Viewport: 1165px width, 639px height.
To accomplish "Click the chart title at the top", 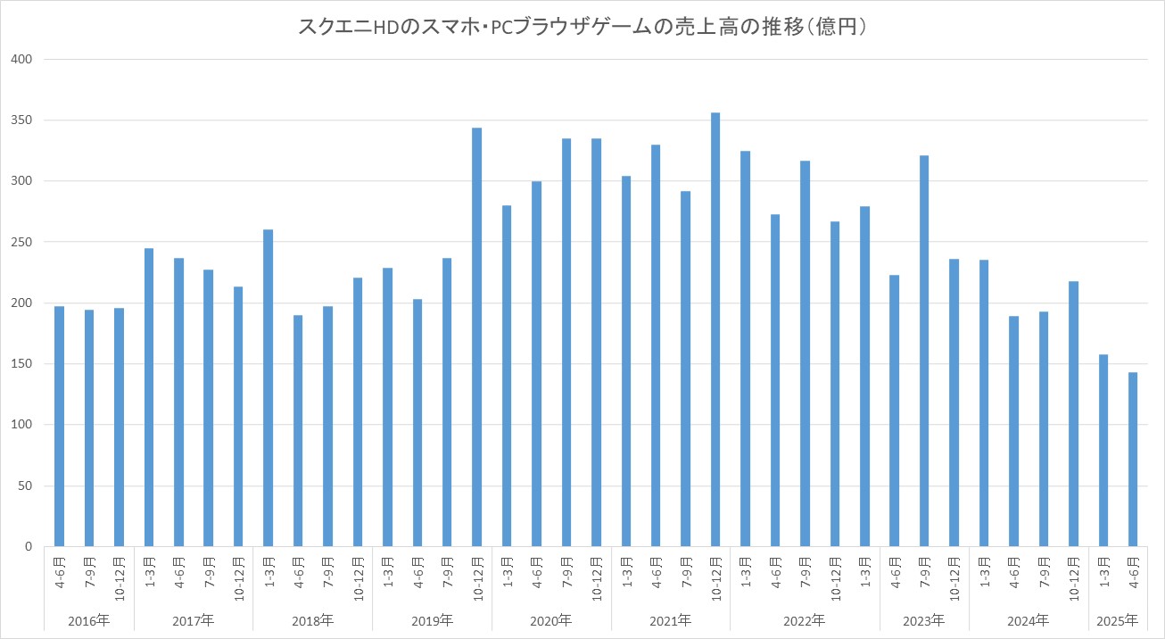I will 582,28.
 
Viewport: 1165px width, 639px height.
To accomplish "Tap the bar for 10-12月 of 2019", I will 476,336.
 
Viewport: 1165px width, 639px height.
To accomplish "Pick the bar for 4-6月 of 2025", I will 1133,459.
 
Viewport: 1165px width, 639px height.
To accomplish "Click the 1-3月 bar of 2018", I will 268,387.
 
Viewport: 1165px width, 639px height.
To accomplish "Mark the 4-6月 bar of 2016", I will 59,426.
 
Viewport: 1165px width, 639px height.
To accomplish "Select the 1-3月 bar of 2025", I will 1103,450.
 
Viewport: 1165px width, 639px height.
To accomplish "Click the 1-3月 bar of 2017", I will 148,397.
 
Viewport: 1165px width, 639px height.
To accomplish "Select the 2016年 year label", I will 89,619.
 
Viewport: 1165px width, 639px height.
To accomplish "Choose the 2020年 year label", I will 551,619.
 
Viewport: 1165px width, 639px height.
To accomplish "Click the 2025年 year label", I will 1118,619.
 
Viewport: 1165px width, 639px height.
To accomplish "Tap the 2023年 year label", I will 924,619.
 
